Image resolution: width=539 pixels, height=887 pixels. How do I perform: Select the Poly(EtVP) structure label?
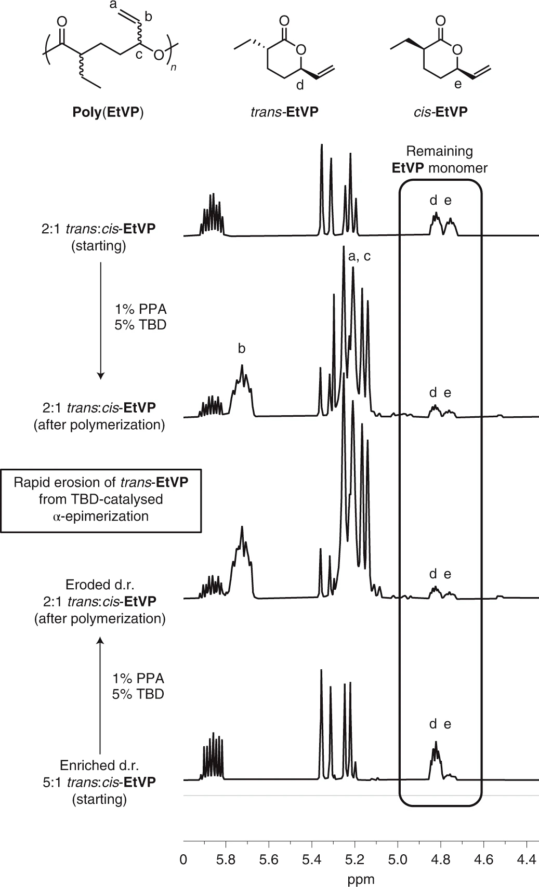(x=108, y=112)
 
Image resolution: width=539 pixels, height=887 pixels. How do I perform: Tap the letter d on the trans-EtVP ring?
(x=300, y=85)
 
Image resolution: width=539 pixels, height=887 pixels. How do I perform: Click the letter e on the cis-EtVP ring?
(x=457, y=84)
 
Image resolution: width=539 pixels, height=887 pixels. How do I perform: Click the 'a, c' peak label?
(x=359, y=256)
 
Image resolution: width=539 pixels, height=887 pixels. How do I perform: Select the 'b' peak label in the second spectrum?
(x=241, y=349)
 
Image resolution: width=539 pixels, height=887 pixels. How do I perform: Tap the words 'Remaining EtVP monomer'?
(x=439, y=160)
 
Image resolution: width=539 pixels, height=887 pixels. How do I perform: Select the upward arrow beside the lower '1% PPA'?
(x=101, y=696)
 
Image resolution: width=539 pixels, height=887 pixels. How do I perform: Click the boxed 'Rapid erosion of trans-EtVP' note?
(x=101, y=499)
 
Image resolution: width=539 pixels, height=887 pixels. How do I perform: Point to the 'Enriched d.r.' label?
(x=100, y=765)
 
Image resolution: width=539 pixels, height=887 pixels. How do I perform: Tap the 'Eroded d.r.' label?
(x=100, y=584)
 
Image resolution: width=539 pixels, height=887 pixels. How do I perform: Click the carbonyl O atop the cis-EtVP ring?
(x=440, y=21)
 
